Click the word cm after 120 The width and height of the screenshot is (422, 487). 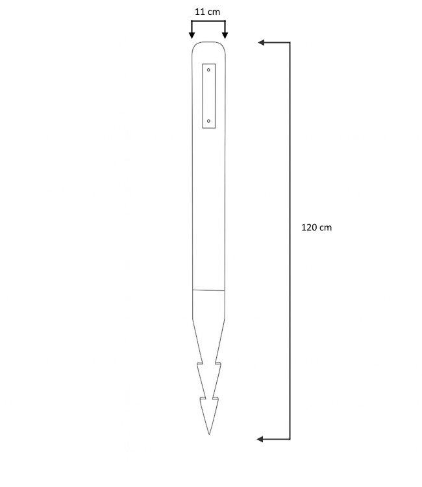click(x=325, y=228)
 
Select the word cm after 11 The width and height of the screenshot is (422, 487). click(x=214, y=12)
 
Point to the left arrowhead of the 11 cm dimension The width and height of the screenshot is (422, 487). click(x=192, y=35)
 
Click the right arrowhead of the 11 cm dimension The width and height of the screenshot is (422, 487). click(x=225, y=35)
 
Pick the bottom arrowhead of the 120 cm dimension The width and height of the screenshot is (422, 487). click(x=261, y=440)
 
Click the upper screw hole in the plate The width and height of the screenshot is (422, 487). click(x=208, y=68)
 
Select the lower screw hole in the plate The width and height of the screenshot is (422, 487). click(x=208, y=121)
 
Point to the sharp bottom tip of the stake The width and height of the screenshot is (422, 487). click(x=209, y=434)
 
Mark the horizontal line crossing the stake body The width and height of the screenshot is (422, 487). click(x=208, y=289)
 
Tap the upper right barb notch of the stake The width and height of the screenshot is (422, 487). click(x=219, y=362)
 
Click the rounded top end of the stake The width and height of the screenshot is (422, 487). click(x=209, y=44)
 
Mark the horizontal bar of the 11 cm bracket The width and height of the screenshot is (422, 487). click(x=208, y=21)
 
